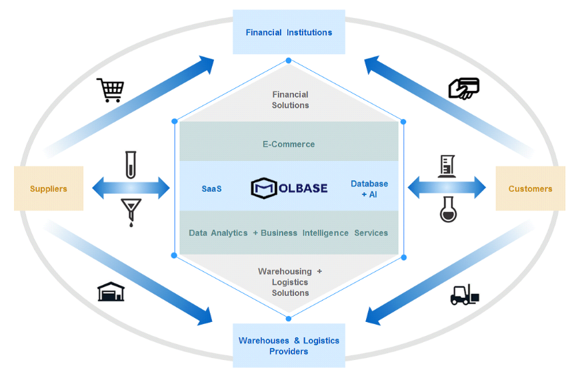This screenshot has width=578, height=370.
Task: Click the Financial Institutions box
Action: [289, 32]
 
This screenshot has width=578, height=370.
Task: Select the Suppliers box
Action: [49, 189]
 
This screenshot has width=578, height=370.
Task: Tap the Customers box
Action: [530, 189]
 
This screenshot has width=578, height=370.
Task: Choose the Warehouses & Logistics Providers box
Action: [289, 346]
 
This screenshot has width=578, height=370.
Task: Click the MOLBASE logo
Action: [289, 188]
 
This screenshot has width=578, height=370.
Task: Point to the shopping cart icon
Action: [109, 90]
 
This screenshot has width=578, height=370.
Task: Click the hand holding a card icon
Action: [463, 88]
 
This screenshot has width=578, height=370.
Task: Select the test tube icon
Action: [130, 164]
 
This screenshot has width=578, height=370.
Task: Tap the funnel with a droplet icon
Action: [131, 212]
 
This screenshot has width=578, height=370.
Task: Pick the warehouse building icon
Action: [111, 291]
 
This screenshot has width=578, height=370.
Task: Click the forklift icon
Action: [464, 295]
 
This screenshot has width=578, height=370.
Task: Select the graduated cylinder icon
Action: [447, 166]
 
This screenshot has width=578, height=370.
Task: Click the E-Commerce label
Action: [288, 144]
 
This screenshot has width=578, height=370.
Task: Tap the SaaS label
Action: [211, 189]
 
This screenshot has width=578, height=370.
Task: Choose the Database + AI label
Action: [369, 189]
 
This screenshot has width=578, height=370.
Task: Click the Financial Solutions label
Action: [290, 100]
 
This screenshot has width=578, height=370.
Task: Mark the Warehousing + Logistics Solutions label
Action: [290, 282]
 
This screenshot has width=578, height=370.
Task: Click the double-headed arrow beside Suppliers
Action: [131, 188]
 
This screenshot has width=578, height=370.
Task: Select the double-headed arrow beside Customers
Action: [447, 188]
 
